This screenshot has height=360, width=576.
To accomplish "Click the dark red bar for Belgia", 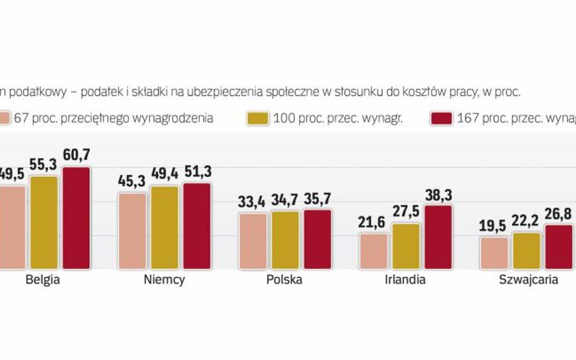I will [77, 218].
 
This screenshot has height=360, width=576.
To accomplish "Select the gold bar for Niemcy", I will [165, 228].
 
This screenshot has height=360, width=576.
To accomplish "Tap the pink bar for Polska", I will [253, 241].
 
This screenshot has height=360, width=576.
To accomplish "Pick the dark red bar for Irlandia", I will [438, 237].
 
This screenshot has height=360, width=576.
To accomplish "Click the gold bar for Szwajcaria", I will [526, 251].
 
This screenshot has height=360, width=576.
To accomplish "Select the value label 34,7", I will [285, 201].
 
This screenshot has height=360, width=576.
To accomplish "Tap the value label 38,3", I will [438, 195].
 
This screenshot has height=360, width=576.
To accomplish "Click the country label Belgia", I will [43, 280].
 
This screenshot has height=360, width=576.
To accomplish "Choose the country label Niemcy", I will [165, 280].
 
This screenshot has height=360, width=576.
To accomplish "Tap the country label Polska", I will [284, 280].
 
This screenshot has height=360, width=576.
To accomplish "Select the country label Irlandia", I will [405, 280].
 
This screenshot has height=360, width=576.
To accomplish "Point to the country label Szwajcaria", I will [528, 280].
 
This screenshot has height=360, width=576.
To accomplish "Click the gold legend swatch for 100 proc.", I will [259, 118].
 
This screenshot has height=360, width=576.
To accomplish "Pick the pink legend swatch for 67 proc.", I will [5, 118].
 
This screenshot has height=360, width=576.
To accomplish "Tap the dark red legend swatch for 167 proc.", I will [442, 118].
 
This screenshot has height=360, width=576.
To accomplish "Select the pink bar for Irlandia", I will [374, 251].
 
